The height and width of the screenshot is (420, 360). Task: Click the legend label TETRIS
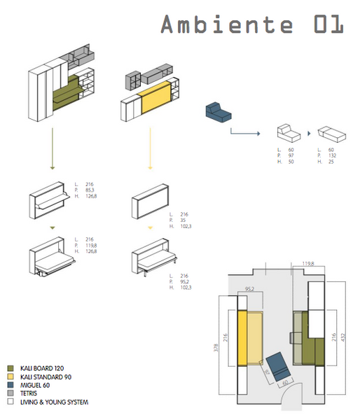pyautogui.click(x=29, y=393)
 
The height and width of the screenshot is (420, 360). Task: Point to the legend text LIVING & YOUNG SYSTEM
pyautogui.click(x=54, y=402)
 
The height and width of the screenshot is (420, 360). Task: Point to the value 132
pyautogui.click(x=333, y=156)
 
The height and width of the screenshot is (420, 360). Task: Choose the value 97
pyautogui.click(x=290, y=156)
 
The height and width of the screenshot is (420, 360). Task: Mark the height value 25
pyautogui.click(x=332, y=162)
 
